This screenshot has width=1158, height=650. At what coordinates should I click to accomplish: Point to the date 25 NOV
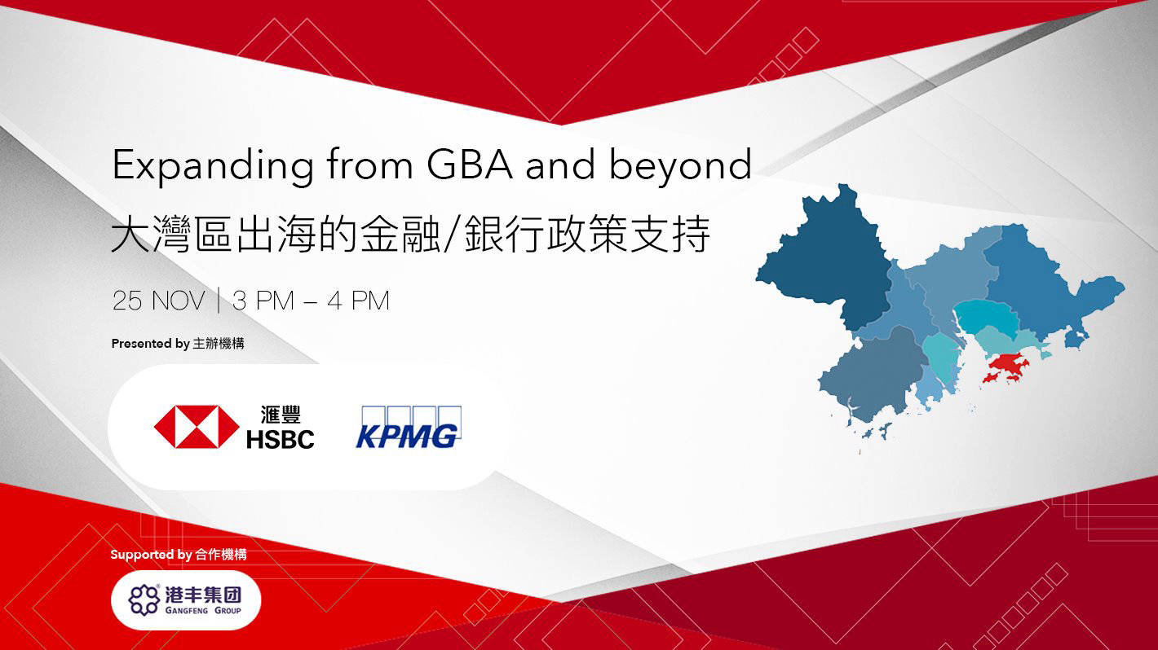[x=158, y=301]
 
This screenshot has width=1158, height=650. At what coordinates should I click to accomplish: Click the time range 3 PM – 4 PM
[x=311, y=301]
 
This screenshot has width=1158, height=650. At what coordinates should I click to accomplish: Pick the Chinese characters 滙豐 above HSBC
[x=280, y=414]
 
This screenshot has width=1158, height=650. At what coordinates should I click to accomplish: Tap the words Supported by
[x=151, y=556]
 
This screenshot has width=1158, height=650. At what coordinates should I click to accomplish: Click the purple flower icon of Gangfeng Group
[x=144, y=600]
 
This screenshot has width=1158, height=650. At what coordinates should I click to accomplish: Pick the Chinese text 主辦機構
[x=219, y=344]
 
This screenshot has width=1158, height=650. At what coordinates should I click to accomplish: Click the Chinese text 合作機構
[x=221, y=556]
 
